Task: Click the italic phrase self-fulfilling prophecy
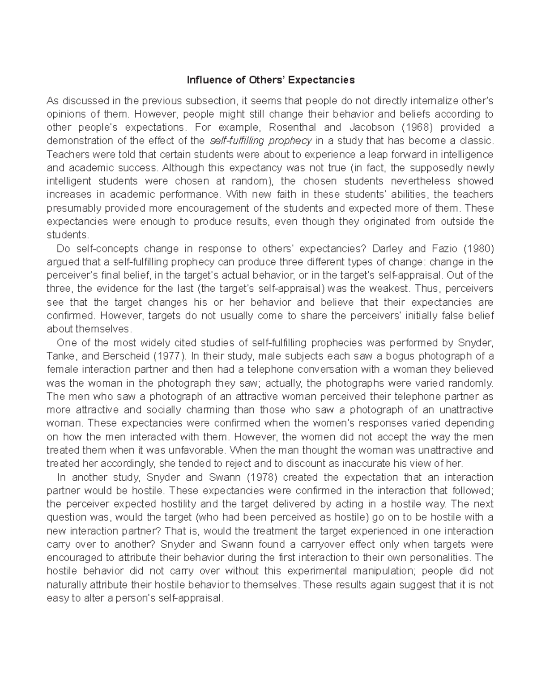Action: click(x=261, y=141)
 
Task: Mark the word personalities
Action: click(x=439, y=558)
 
